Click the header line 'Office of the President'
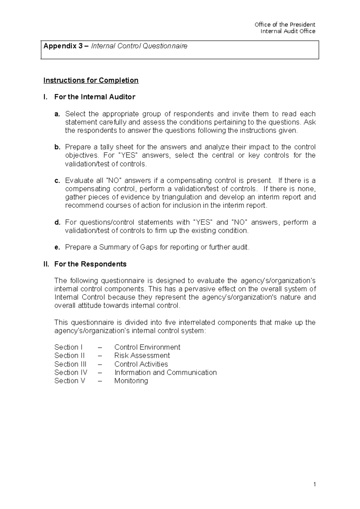(285, 25)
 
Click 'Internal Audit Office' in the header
(288, 31)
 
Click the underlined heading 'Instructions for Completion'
(91, 80)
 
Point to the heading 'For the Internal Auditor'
(94, 97)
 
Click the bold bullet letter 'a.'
(57, 114)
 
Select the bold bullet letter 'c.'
(57, 181)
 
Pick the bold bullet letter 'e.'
(57, 247)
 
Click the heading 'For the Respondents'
(90, 264)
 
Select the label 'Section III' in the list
(70, 364)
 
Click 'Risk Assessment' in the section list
(142, 356)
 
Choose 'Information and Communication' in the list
(165, 372)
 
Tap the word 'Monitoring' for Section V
(131, 381)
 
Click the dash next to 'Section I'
(100, 347)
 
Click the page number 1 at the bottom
(314, 484)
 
